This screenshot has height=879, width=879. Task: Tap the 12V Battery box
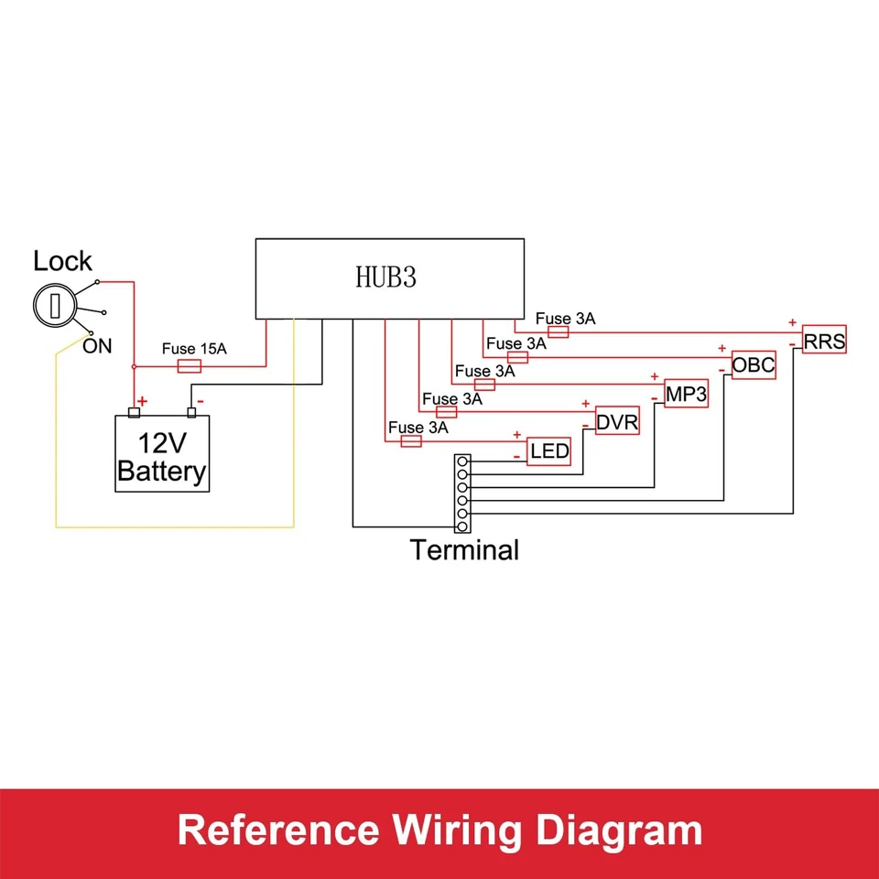162,454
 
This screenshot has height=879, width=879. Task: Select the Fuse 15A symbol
189,366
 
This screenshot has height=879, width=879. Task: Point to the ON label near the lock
98,346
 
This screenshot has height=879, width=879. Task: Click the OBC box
754,366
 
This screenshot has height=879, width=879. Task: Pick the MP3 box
685,395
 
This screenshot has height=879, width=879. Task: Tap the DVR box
618,422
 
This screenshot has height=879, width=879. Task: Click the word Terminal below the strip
464,550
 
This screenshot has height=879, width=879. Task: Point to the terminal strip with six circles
463,494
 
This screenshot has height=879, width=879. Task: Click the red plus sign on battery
142,401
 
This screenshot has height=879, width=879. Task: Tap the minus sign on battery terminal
200,401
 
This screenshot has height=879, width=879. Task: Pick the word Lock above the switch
62,262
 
